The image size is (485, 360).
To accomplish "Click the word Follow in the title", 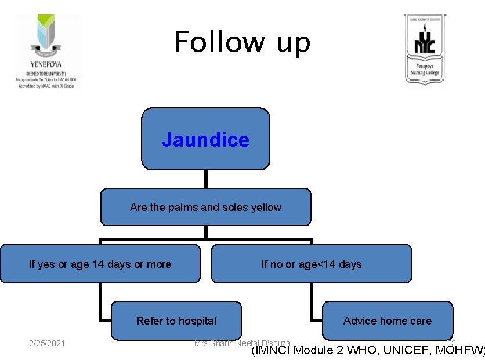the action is click(x=215, y=42).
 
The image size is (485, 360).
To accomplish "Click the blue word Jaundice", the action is click(x=205, y=140).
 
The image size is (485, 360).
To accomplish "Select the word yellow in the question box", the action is click(x=266, y=207).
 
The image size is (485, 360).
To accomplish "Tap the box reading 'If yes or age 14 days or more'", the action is click(x=100, y=264).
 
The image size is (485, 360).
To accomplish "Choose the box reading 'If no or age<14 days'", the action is click(x=311, y=264).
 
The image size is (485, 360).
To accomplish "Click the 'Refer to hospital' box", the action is click(x=176, y=321).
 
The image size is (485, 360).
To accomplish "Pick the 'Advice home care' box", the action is click(x=388, y=321).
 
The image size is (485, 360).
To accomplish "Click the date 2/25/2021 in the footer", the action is click(x=47, y=344).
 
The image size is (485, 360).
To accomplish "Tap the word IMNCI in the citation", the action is click(x=273, y=350).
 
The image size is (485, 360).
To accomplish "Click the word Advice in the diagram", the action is click(x=359, y=321).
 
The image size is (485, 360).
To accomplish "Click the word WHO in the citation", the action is click(x=362, y=350).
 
